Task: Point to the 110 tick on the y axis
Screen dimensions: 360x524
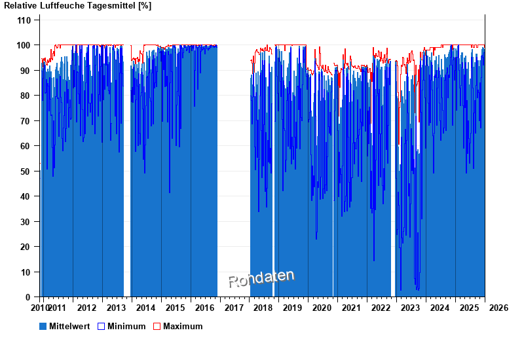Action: (x=24, y=20)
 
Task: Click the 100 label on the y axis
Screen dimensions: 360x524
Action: (x=24, y=45)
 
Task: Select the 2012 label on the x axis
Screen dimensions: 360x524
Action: (x=86, y=308)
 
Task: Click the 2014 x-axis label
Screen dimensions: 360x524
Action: (x=145, y=308)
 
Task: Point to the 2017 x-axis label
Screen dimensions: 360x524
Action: (x=233, y=308)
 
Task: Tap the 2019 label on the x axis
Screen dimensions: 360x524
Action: (x=292, y=308)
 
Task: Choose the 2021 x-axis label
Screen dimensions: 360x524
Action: (x=351, y=308)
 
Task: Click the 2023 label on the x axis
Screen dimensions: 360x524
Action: (x=410, y=308)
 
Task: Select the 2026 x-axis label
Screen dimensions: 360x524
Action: (x=498, y=308)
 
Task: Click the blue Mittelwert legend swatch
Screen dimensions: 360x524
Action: (x=43, y=326)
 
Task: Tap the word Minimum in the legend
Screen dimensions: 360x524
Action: (x=126, y=326)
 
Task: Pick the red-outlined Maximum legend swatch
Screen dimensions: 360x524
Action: (x=157, y=326)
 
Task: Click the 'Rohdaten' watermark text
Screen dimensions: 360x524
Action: (x=261, y=279)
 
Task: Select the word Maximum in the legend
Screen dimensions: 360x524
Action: (x=183, y=326)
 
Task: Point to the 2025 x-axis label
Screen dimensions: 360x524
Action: (x=469, y=308)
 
